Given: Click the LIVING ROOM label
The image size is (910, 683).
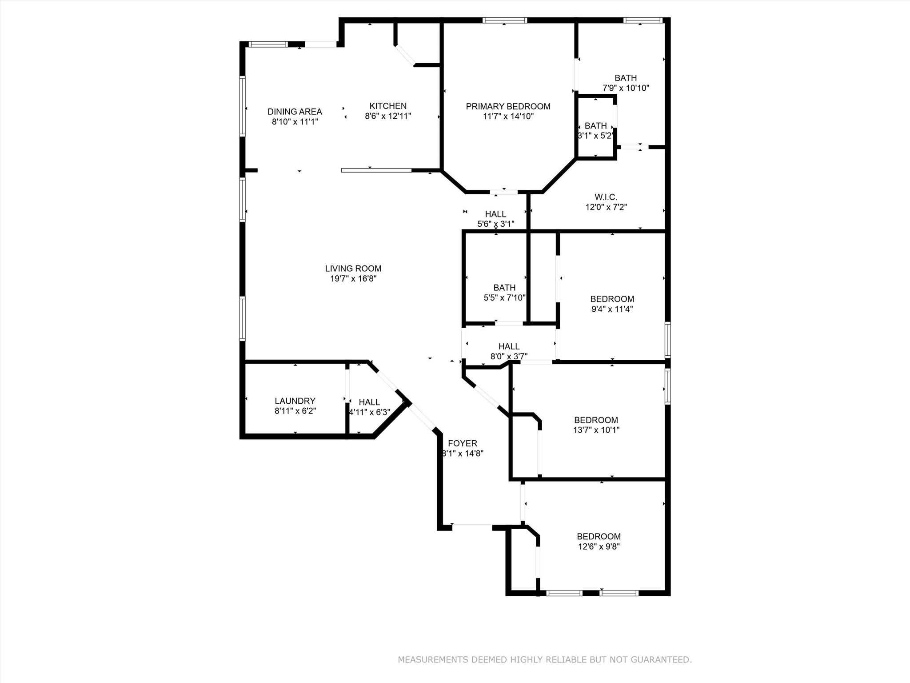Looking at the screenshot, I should coord(353,269).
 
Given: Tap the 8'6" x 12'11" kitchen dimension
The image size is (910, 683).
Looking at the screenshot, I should coord(388,116).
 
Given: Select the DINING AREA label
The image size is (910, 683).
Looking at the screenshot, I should coord(295,112).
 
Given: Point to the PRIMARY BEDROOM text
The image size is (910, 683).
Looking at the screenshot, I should coord(508,106).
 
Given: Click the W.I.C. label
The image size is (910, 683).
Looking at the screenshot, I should coord(606,197).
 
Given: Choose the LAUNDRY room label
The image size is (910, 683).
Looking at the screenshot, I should coord(295,401).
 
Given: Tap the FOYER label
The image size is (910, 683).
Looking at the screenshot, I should coord(462,443).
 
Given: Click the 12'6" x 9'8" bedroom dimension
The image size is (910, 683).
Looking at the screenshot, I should coord(599,546).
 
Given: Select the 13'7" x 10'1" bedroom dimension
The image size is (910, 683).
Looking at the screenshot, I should coord(596,430).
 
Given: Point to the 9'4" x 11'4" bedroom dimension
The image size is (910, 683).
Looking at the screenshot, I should coord(612,309).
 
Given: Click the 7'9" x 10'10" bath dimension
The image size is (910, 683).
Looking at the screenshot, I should coord(626,88).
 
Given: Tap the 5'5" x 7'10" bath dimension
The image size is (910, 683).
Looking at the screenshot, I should coord(504,297).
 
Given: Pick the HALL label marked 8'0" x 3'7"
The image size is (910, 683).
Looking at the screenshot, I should coord(509,346).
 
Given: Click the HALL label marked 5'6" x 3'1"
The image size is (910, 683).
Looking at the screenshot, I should coord(495,214).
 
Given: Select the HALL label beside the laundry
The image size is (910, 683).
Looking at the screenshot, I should coord(369,402).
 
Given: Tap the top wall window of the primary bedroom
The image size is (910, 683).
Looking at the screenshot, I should coord(504,20).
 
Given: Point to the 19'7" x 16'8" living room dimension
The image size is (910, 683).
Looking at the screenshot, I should coord(353,279).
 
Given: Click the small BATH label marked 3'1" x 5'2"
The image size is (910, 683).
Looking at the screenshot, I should coord(595,126).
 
